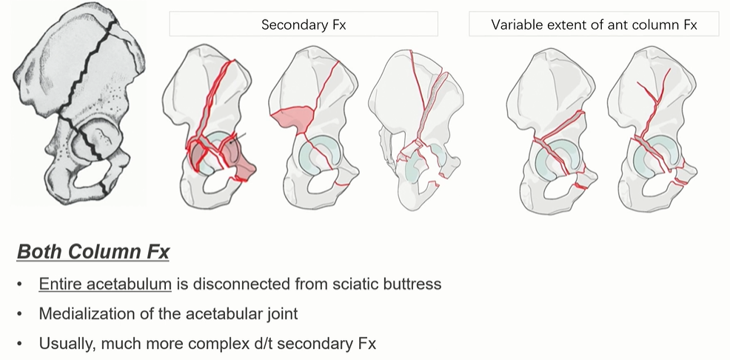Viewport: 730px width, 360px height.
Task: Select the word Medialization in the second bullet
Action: click(86, 314)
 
